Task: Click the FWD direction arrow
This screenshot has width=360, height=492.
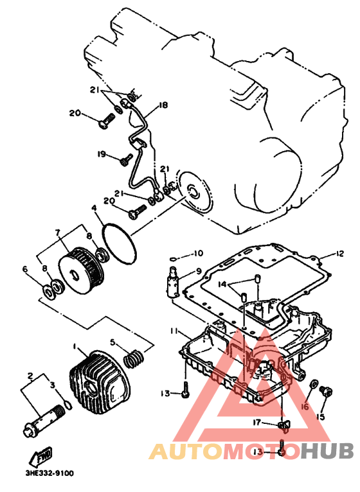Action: click(40, 456)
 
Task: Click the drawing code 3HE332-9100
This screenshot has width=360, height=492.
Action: click(50, 473)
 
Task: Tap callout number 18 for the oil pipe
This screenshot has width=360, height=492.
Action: click(163, 105)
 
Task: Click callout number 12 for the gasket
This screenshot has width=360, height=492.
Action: click(339, 253)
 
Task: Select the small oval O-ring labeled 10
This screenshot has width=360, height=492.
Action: click(173, 259)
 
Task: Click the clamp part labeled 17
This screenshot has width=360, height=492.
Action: click(284, 425)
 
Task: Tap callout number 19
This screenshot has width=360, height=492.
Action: click(102, 154)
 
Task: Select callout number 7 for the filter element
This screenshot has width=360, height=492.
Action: click(57, 233)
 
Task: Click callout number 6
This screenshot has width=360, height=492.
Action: click(25, 269)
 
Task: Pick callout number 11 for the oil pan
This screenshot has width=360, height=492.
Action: click(175, 331)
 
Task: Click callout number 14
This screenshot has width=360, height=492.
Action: click(222, 285)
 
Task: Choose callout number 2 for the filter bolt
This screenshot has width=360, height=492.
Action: click(30, 375)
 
